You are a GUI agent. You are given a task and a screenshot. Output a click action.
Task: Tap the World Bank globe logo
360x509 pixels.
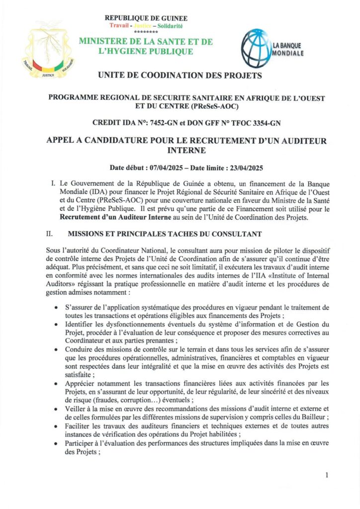pyautogui.click(x=255, y=47)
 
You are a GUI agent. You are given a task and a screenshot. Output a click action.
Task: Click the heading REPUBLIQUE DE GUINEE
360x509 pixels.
pyautogui.click(x=146, y=18)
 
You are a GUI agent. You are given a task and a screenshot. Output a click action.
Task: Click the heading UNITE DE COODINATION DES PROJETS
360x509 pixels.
pyautogui.click(x=180, y=76)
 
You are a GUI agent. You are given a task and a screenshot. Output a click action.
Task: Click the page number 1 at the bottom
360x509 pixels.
pyautogui.click(x=327, y=475)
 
